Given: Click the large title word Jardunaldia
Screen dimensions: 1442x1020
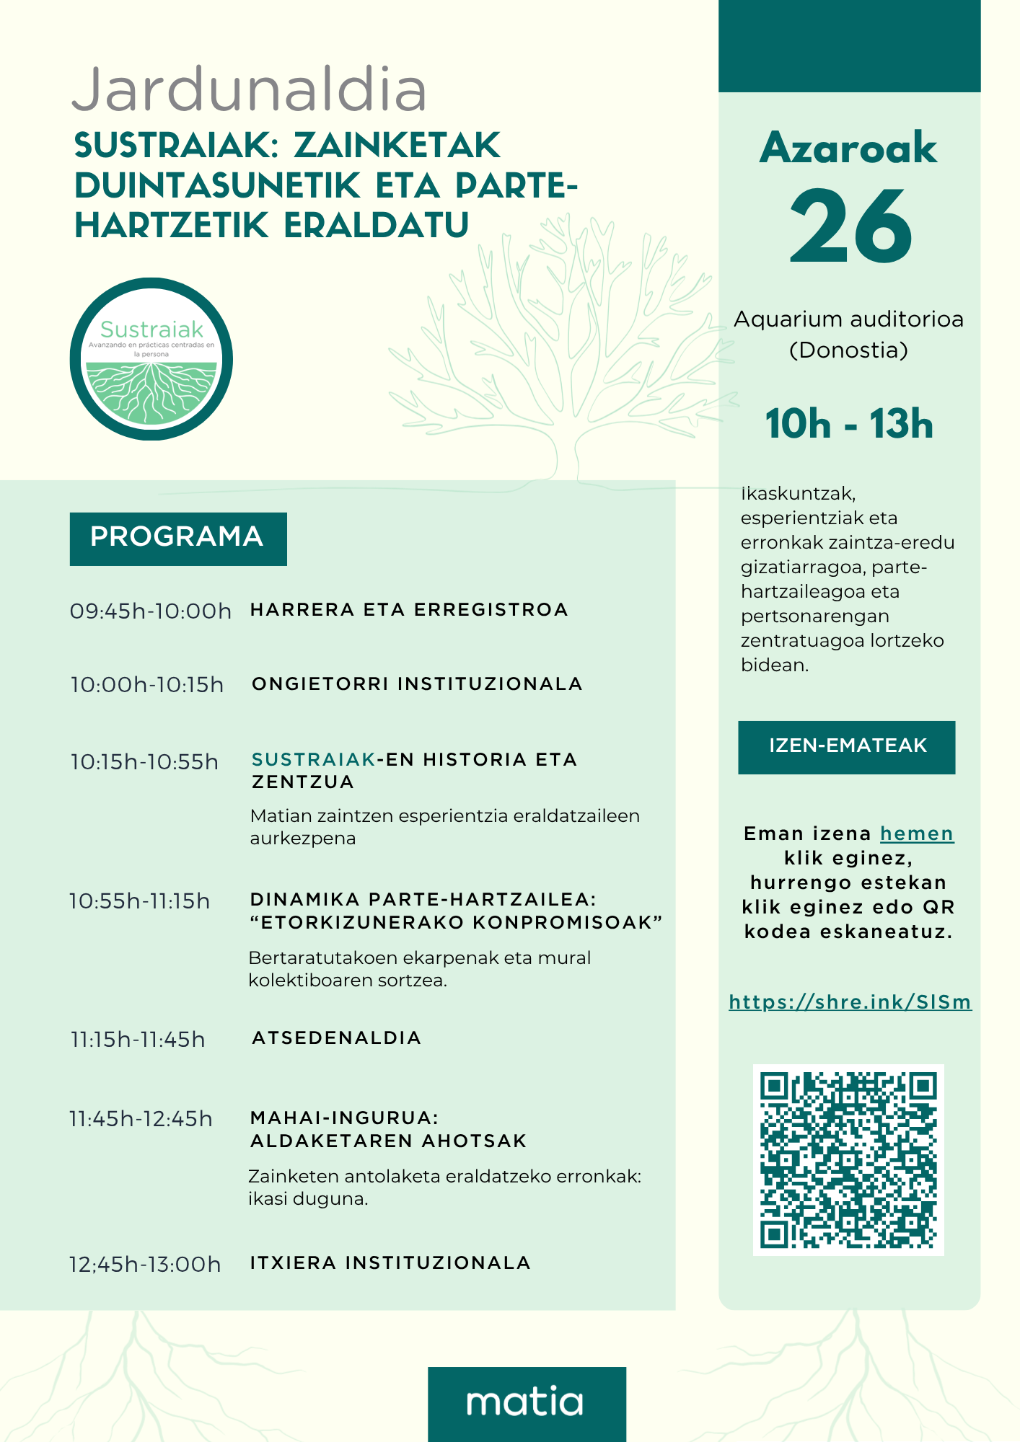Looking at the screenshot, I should [250, 90].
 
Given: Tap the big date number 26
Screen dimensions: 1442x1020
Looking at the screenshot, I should [851, 226].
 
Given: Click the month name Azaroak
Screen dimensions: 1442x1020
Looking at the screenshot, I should [848, 148].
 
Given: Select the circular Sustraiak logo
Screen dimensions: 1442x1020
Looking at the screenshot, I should [151, 359].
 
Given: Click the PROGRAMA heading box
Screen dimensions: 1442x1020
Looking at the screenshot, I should [178, 539].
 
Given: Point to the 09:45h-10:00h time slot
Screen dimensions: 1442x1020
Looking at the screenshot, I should [151, 611].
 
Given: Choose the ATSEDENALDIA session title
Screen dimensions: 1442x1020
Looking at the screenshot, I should [336, 1038].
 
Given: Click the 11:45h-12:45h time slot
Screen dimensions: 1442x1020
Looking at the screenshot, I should [141, 1119].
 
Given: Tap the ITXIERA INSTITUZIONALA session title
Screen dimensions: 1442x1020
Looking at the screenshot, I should [390, 1263].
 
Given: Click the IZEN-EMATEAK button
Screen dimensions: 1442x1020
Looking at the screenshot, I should [847, 747].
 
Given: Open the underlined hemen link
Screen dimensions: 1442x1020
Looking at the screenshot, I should [917, 834].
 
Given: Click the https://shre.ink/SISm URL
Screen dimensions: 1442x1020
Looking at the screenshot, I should [850, 1002].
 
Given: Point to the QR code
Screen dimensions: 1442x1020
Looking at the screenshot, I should [848, 1159].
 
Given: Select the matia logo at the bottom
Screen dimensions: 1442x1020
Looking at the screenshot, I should [526, 1402].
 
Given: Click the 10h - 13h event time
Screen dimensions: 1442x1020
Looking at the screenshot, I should [849, 424].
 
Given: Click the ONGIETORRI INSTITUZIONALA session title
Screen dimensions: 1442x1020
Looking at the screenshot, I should [417, 684].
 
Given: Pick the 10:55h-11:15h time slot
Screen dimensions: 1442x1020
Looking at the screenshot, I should [140, 901].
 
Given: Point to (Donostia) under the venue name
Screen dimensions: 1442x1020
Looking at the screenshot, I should [848, 350].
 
